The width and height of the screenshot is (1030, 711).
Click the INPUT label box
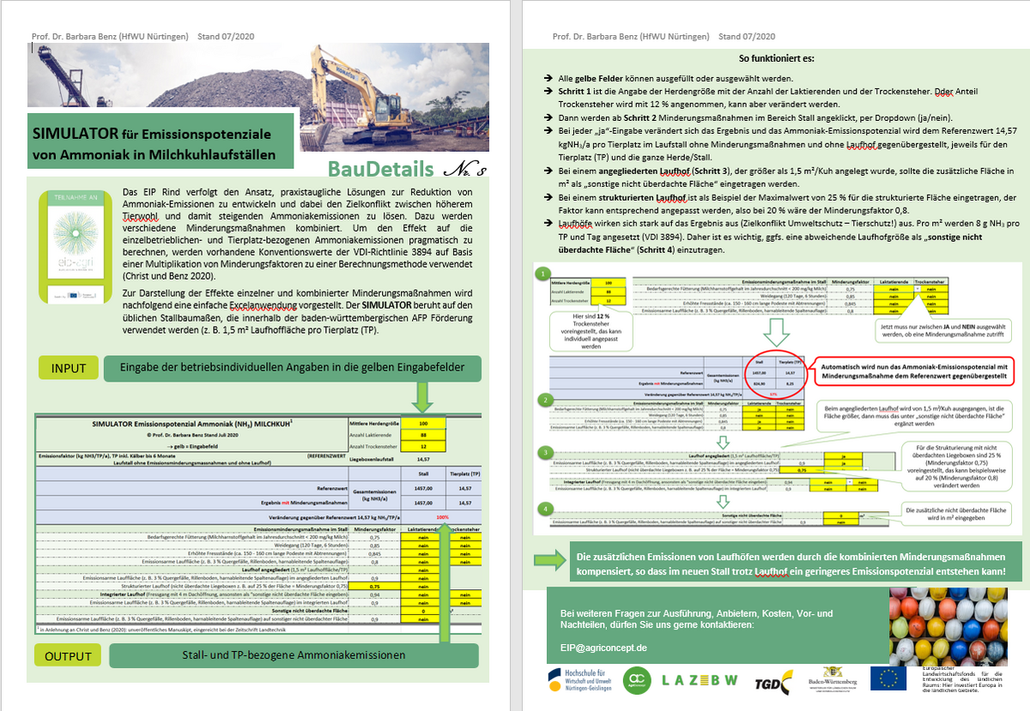coord(69,368)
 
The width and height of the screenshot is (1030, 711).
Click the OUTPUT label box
coord(69,656)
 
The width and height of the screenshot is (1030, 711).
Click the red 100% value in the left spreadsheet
coord(442,517)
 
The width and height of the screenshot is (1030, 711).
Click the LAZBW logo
coord(700,679)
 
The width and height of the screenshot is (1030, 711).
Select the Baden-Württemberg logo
coord(830,678)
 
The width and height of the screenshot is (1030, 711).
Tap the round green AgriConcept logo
coord(636,678)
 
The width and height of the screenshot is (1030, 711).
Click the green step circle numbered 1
coord(541,274)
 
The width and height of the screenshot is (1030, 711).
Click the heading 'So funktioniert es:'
coord(777,59)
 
